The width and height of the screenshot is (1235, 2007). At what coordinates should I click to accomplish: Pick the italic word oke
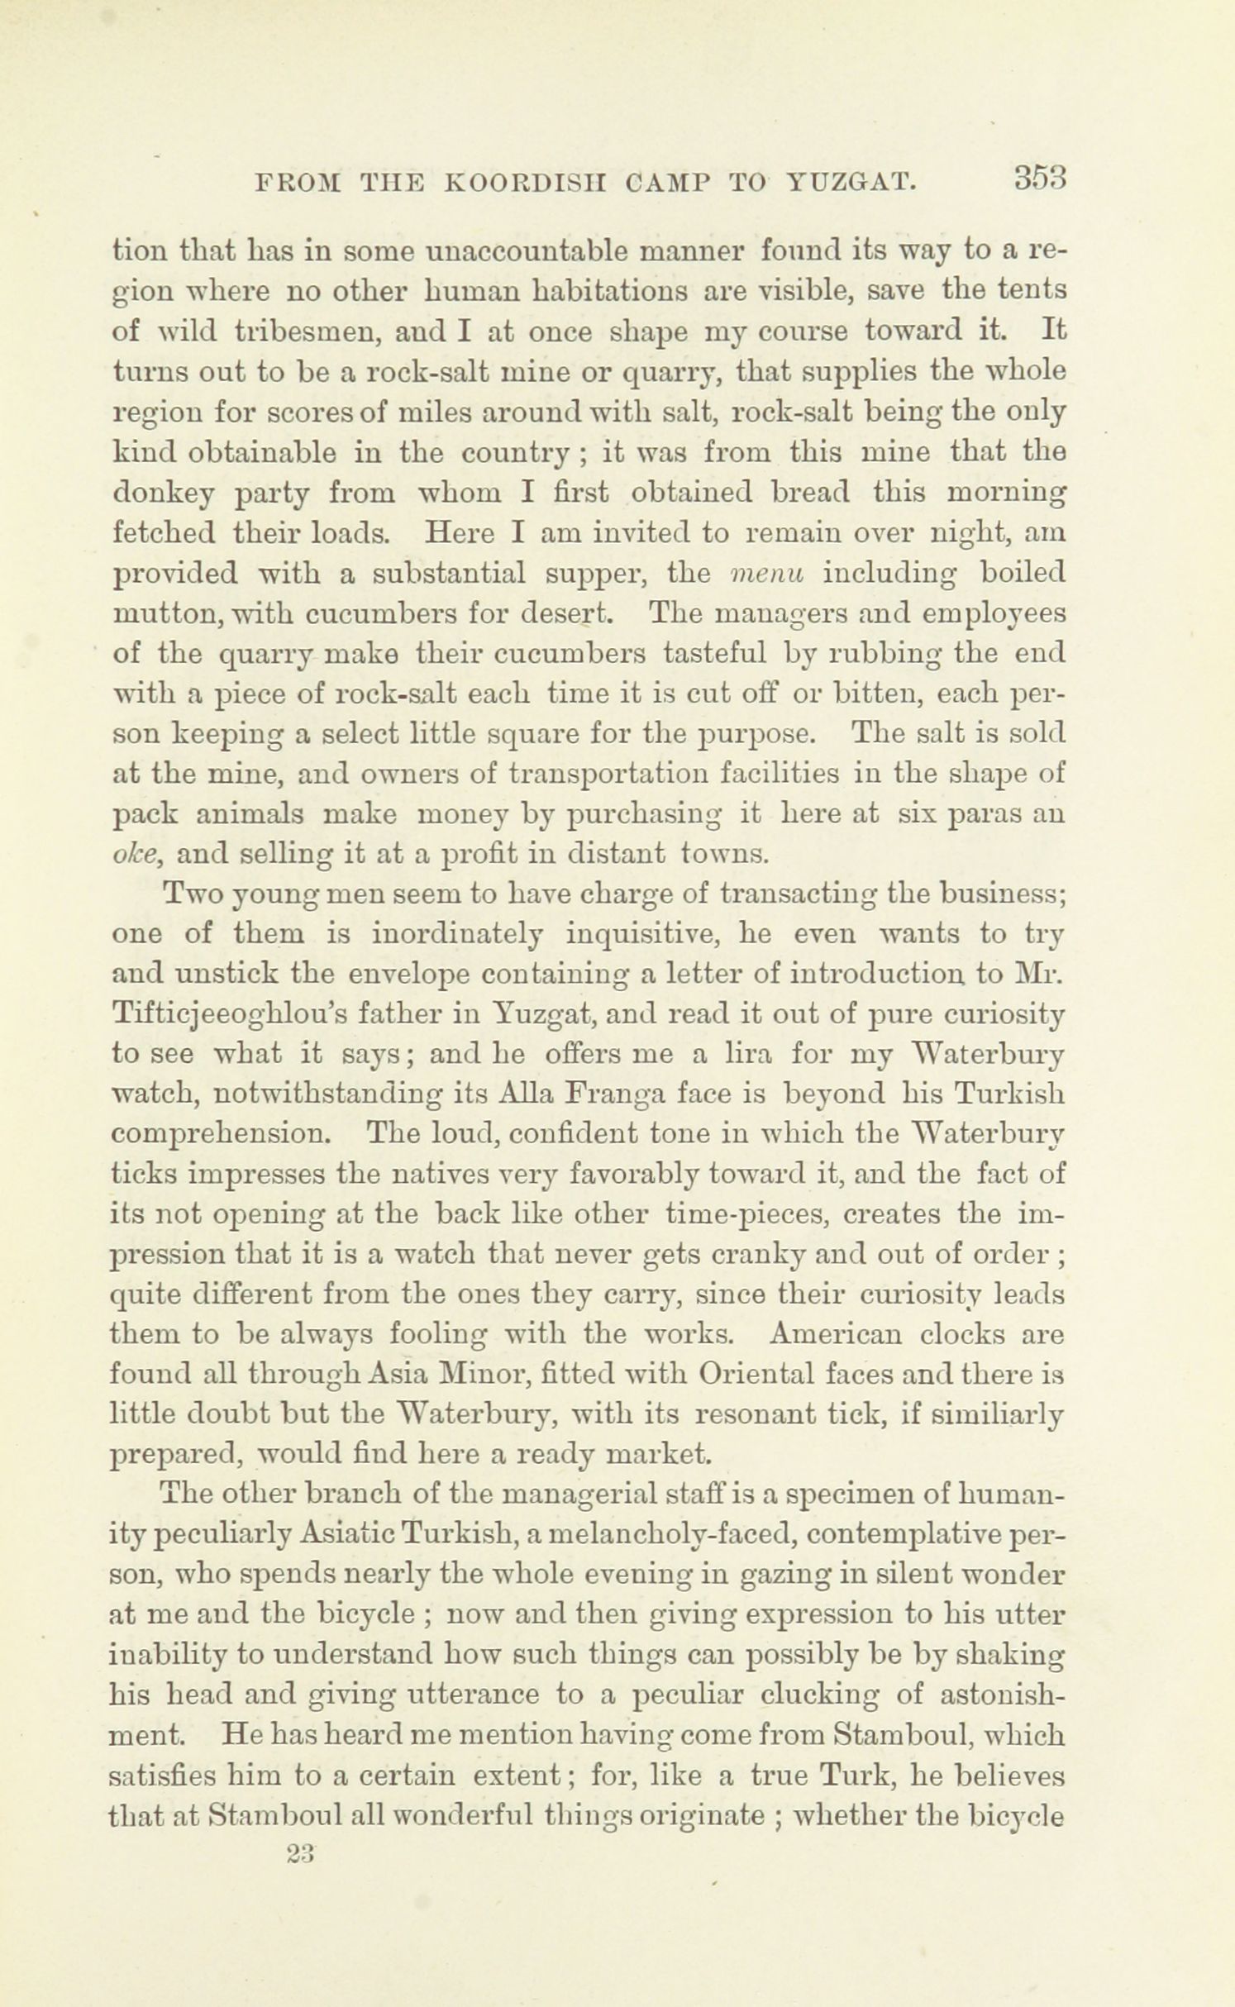pyautogui.click(x=134, y=852)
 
